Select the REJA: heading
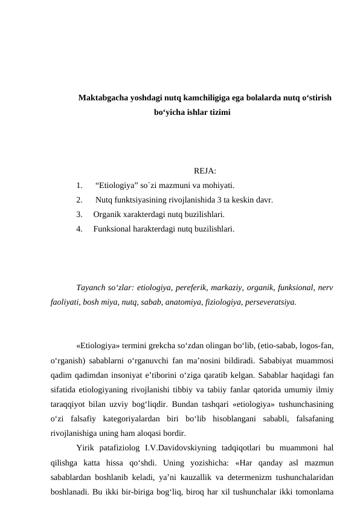205,171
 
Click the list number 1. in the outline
80,186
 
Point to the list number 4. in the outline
80,229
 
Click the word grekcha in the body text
169,346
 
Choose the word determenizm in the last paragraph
246,477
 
